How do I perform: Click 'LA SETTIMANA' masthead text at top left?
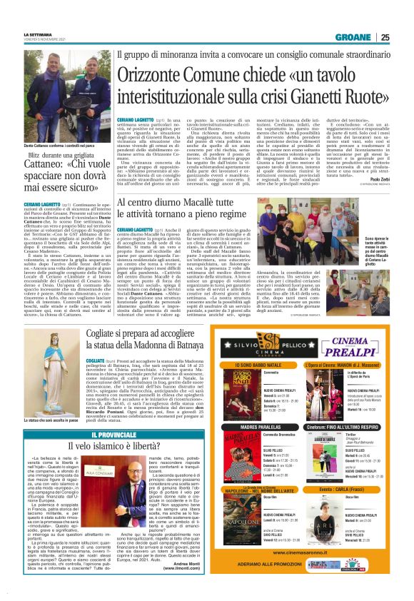[x=39, y=34]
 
